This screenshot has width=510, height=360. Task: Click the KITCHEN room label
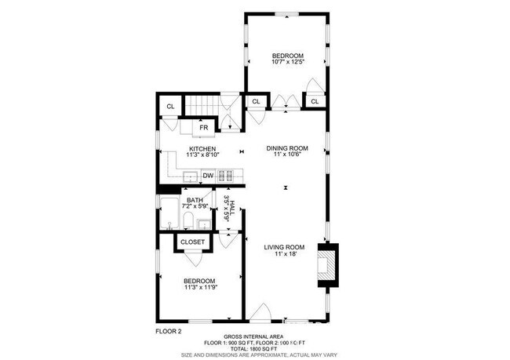tap(202, 147)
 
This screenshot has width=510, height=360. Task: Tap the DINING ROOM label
tap(287, 147)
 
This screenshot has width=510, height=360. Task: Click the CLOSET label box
tap(192, 242)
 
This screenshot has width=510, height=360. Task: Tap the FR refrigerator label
tap(203, 127)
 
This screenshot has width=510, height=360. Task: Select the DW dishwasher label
tap(208, 175)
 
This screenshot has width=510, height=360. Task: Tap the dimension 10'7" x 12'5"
tap(287, 63)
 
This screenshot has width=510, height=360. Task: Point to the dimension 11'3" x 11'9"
tap(199, 288)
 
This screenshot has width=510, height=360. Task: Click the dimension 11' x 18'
tap(286, 254)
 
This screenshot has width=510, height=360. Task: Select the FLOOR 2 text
tap(168, 332)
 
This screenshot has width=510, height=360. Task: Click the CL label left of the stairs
tap(169, 107)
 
